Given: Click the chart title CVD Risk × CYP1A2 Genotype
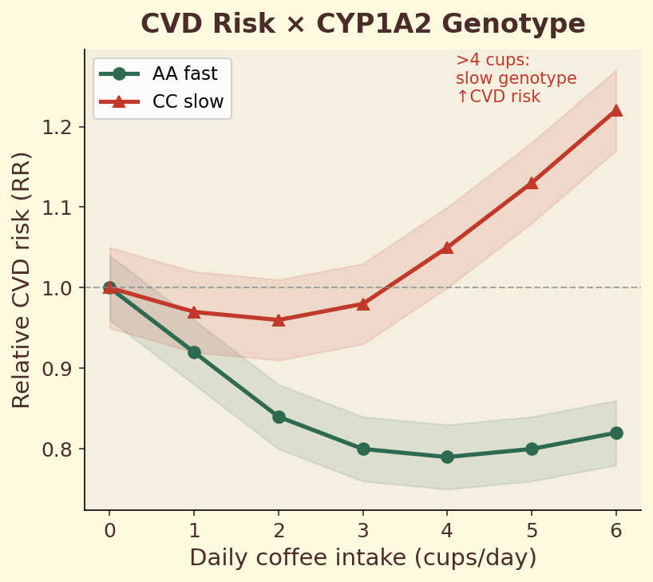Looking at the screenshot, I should pos(362,24).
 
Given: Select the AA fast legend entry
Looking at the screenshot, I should pos(163,73).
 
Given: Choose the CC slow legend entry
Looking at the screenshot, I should pos(163,102).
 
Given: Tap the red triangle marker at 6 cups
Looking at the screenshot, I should pos(615,110).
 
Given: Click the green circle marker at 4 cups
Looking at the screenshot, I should pos(447,457).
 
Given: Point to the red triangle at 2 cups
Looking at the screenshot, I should pos(279,319).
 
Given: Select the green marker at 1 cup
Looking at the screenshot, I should pos(194,352).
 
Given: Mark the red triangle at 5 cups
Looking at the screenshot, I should pos(532,183).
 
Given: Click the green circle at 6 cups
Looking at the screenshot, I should pos(615,433).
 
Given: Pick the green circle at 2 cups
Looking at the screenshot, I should pos(279,417).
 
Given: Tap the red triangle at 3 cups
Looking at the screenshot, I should pos(363,303).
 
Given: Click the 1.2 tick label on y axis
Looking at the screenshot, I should pos(60,127).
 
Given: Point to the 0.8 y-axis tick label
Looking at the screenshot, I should pos(60,449).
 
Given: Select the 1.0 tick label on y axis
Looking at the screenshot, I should pos(60,288).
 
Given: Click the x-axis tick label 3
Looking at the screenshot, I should pos(363,530).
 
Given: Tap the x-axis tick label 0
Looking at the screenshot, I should pos(110,530).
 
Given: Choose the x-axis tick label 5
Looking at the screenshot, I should pos(532,530).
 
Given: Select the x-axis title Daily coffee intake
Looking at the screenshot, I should pos(362,558).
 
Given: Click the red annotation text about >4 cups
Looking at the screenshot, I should pos(515,79).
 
